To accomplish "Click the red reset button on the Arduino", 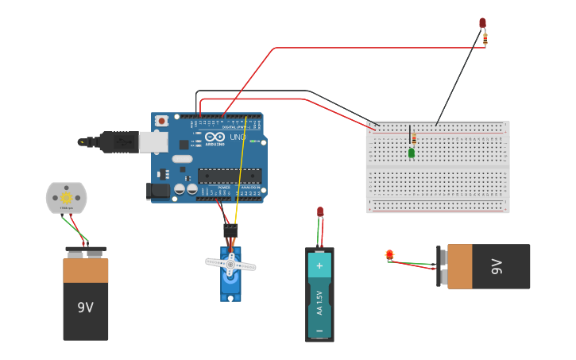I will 162,121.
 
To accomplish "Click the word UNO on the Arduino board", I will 237,137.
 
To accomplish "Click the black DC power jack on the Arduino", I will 157,191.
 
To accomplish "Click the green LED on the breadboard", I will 412,153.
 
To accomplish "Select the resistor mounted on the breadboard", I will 413,138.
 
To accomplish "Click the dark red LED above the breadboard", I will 482,23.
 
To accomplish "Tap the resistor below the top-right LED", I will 485,37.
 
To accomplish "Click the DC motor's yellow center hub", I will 66,197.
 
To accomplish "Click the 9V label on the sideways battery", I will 497,266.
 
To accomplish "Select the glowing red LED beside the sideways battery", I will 389,255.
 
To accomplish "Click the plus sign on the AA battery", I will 319,265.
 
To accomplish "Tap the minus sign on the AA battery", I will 319,329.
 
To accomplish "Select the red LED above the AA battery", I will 320,211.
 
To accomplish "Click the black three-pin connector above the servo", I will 230,230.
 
